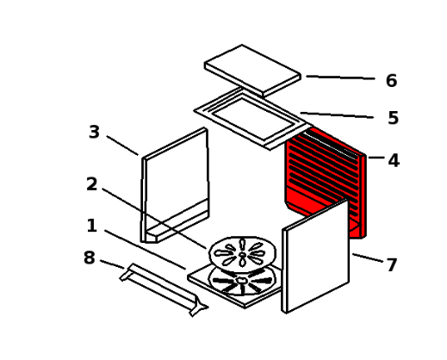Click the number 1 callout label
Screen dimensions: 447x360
91,226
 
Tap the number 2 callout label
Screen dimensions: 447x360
92,184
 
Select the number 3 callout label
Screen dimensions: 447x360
94,132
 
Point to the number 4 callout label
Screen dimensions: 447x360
394,160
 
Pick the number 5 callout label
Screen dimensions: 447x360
394,118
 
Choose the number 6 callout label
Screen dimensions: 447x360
392,80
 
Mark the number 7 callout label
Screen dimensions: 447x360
392,264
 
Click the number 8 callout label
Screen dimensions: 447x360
90,258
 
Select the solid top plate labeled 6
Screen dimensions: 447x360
252,71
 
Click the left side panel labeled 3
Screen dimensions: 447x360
175,185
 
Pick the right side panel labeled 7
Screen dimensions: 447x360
316,257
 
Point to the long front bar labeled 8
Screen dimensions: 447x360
164,290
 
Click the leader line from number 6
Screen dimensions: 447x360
340,78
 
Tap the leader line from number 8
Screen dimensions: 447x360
112,264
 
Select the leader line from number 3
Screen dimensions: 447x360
122,146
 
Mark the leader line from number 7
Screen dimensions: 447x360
368,258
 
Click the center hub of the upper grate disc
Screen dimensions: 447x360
243,255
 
